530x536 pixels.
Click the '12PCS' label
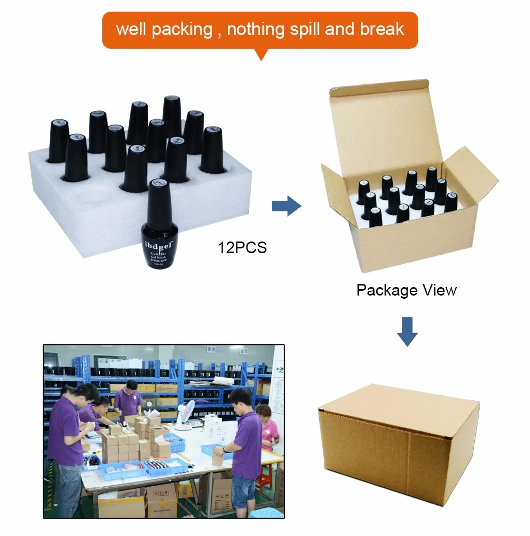pyautogui.click(x=242, y=247)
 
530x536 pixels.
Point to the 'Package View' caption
pyautogui.click(x=406, y=290)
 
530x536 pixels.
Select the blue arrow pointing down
pyautogui.click(x=407, y=331)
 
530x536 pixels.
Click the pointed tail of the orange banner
pyautogui.click(x=260, y=55)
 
